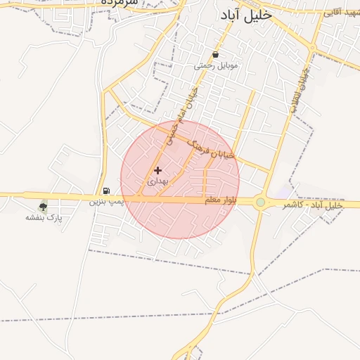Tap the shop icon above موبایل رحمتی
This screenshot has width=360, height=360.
point(215,54)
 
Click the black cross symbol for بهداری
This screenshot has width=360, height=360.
point(157,170)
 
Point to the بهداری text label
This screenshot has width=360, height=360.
point(157,181)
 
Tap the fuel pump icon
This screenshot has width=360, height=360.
point(106,190)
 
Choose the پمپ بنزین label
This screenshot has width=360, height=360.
point(105,201)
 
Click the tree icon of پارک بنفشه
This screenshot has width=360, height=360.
point(44,207)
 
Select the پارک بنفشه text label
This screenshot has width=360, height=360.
point(44,218)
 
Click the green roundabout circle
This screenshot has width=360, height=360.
point(261,202)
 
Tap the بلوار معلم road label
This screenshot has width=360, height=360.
point(221,201)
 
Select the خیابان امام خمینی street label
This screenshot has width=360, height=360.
point(181,116)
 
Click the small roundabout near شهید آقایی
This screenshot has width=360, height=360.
point(312,48)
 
